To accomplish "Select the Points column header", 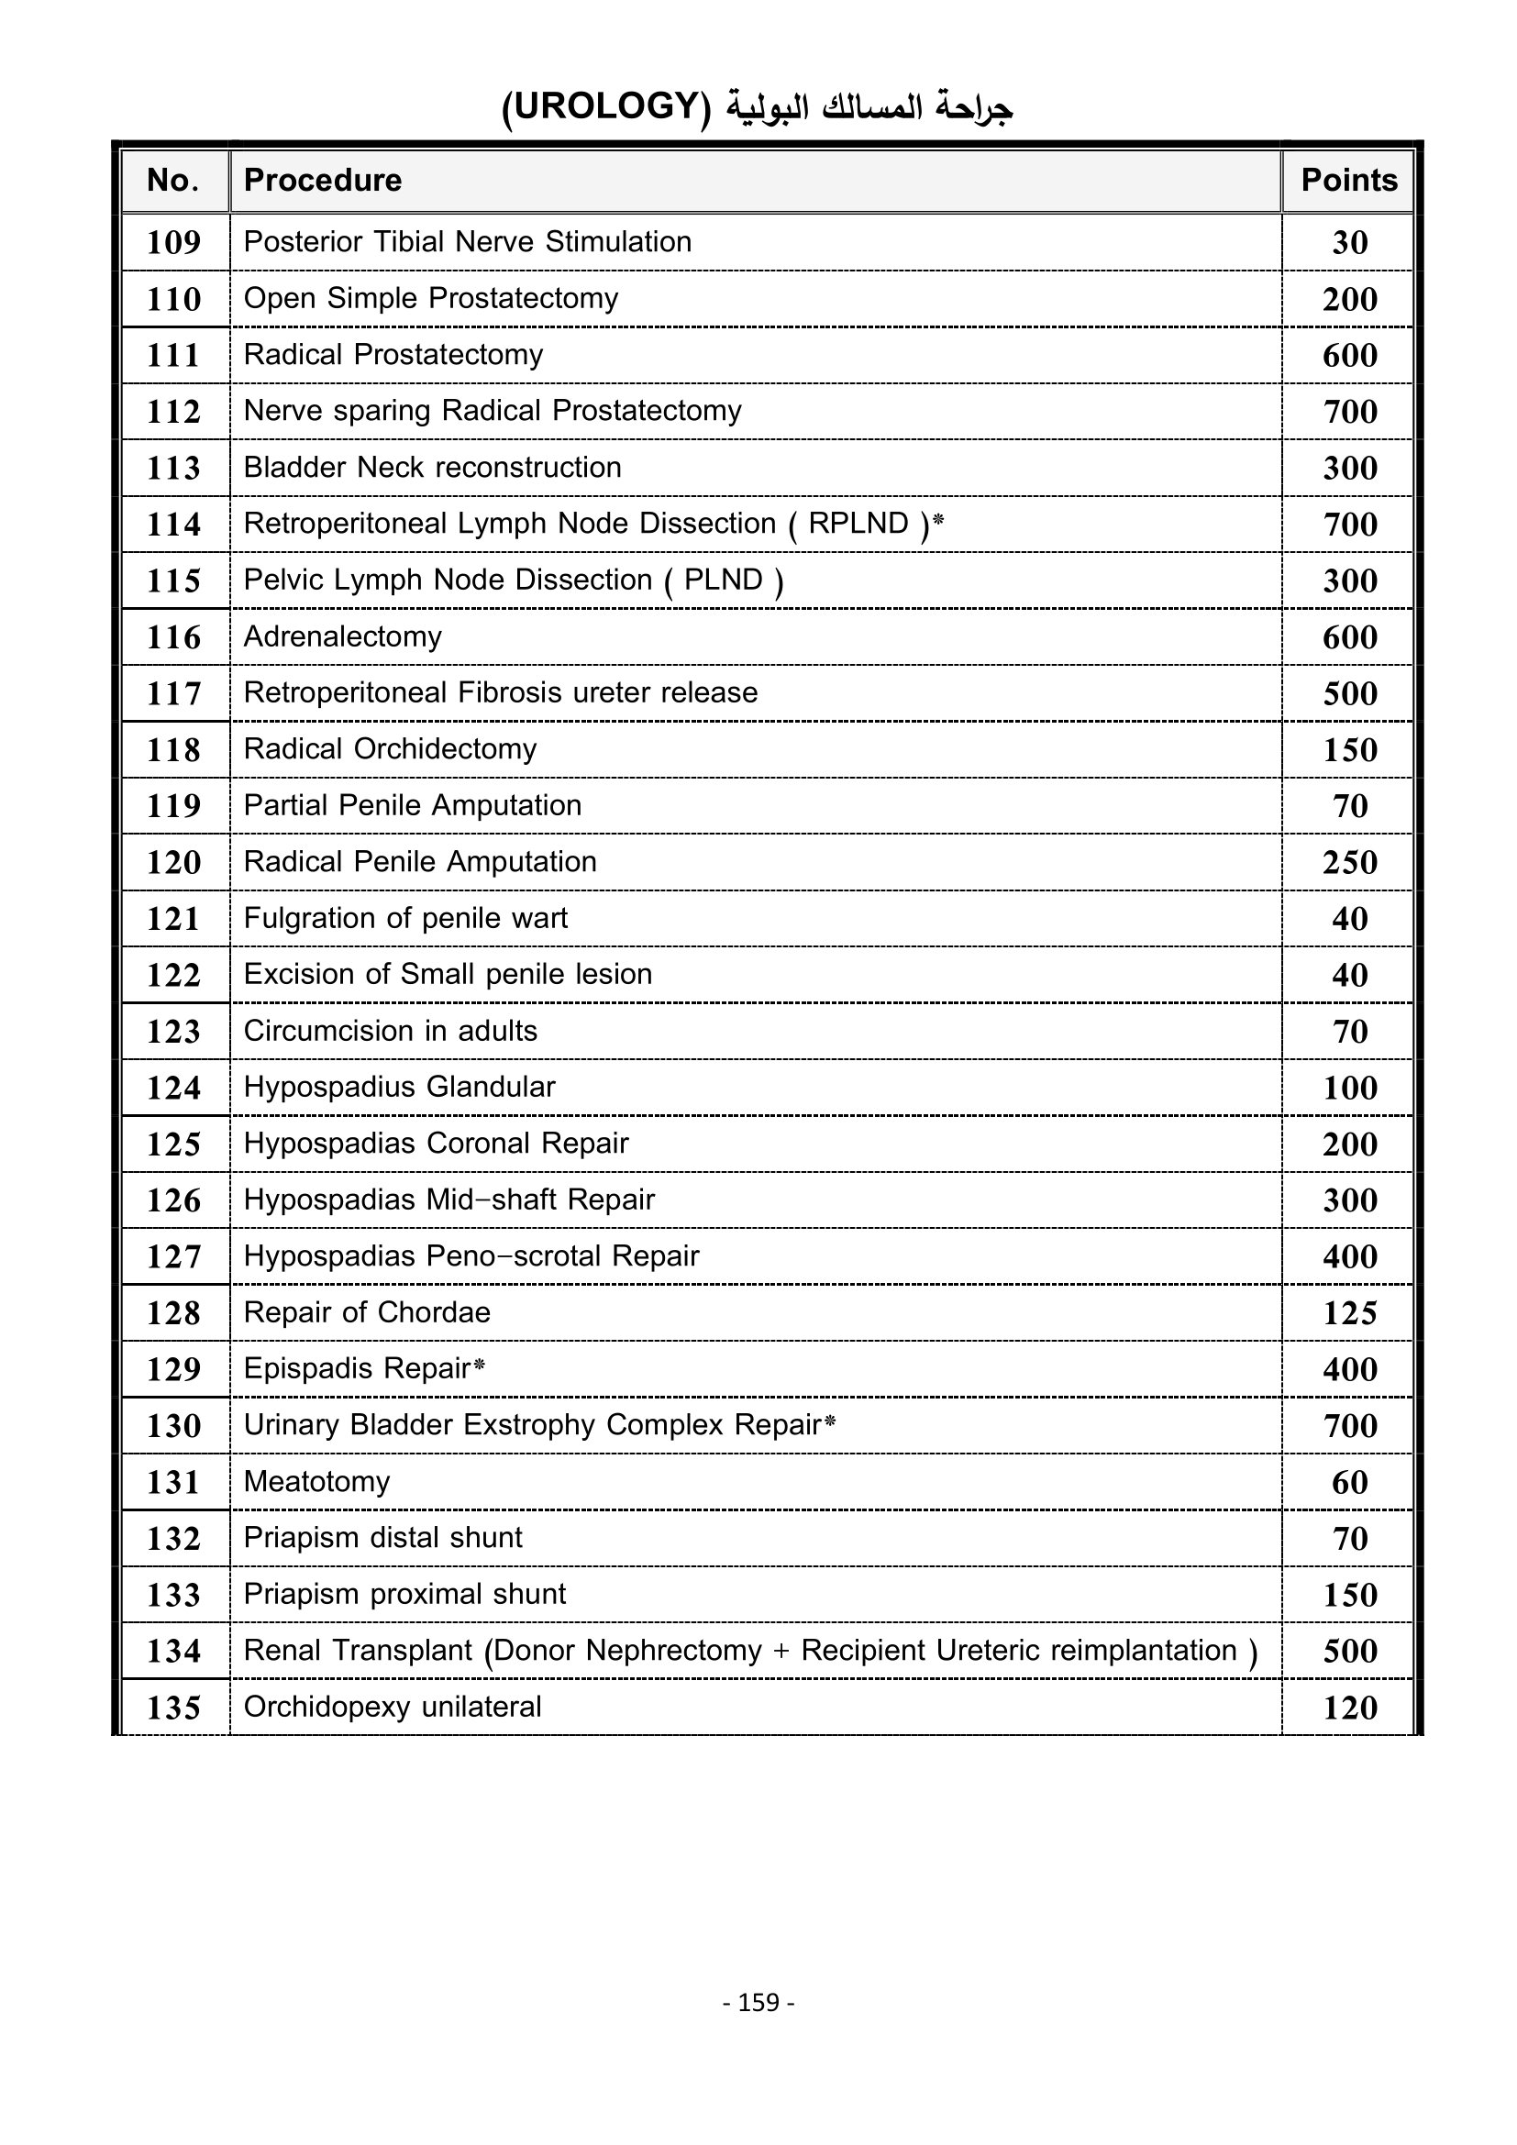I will pyautogui.click(x=1349, y=181).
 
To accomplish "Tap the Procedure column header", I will pyautogui.click(x=322, y=181).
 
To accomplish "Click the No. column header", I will pyautogui.click(x=173, y=181).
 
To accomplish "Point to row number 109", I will pyautogui.click(x=173, y=243).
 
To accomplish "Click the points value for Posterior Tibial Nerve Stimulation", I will pyautogui.click(x=1350, y=243).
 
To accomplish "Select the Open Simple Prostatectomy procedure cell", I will pyautogui.click(x=431, y=299).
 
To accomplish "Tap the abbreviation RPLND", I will pyautogui.click(x=858, y=523).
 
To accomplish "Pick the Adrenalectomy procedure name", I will pyautogui.click(x=342, y=637).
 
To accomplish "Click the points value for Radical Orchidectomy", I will pyautogui.click(x=1350, y=750).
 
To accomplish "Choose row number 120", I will pyautogui.click(x=173, y=862).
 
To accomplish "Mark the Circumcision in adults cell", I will pyautogui.click(x=391, y=1032).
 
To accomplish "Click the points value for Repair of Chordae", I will pyautogui.click(x=1350, y=1313).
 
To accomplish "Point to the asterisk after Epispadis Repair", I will pyautogui.click(x=479, y=1366).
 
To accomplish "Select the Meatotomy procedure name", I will pyautogui.click(x=316, y=1482).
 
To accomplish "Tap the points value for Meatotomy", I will pyautogui.click(x=1350, y=1483).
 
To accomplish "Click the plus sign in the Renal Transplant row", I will pyautogui.click(x=781, y=1652).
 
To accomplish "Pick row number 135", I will pyautogui.click(x=173, y=1708).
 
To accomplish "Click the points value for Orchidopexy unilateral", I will pyautogui.click(x=1350, y=1708).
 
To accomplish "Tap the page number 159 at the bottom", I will pyautogui.click(x=758, y=2002).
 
